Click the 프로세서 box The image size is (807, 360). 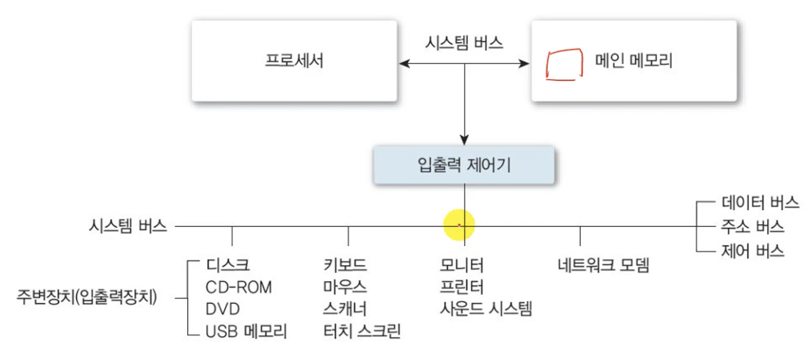(294, 61)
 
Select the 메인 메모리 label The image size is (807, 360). (633, 61)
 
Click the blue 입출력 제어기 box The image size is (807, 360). (464, 165)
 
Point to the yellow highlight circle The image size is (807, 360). (459, 226)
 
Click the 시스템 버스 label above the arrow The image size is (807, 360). (463, 43)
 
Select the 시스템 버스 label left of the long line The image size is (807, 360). (128, 226)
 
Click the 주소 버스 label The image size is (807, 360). (751, 227)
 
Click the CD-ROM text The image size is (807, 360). (238, 287)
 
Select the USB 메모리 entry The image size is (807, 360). (246, 331)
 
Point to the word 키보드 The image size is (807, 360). (344, 266)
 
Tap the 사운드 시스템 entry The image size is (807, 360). (486, 309)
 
